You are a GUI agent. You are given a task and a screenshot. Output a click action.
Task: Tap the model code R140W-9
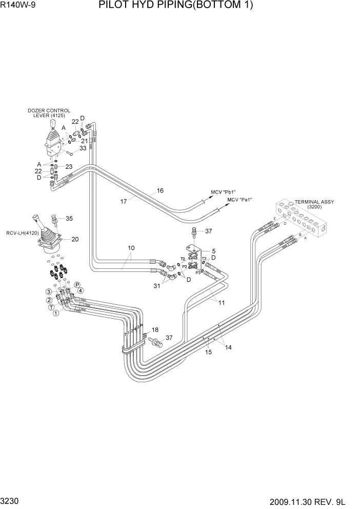click(x=17, y=6)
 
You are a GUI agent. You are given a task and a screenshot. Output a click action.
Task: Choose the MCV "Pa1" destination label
click(x=240, y=200)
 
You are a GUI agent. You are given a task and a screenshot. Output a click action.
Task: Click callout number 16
click(x=160, y=191)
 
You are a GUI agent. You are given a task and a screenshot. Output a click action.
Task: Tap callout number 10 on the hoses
click(x=132, y=248)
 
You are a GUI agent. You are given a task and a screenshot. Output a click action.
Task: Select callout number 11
click(x=221, y=302)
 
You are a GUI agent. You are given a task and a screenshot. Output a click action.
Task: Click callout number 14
click(x=228, y=347)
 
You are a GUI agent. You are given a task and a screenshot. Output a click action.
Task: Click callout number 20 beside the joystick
click(x=75, y=239)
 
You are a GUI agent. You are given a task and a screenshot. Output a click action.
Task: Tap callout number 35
click(x=69, y=219)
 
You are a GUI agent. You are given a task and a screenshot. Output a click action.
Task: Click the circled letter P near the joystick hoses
click(x=77, y=285)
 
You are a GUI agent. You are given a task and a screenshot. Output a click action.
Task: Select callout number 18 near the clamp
click(x=155, y=330)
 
